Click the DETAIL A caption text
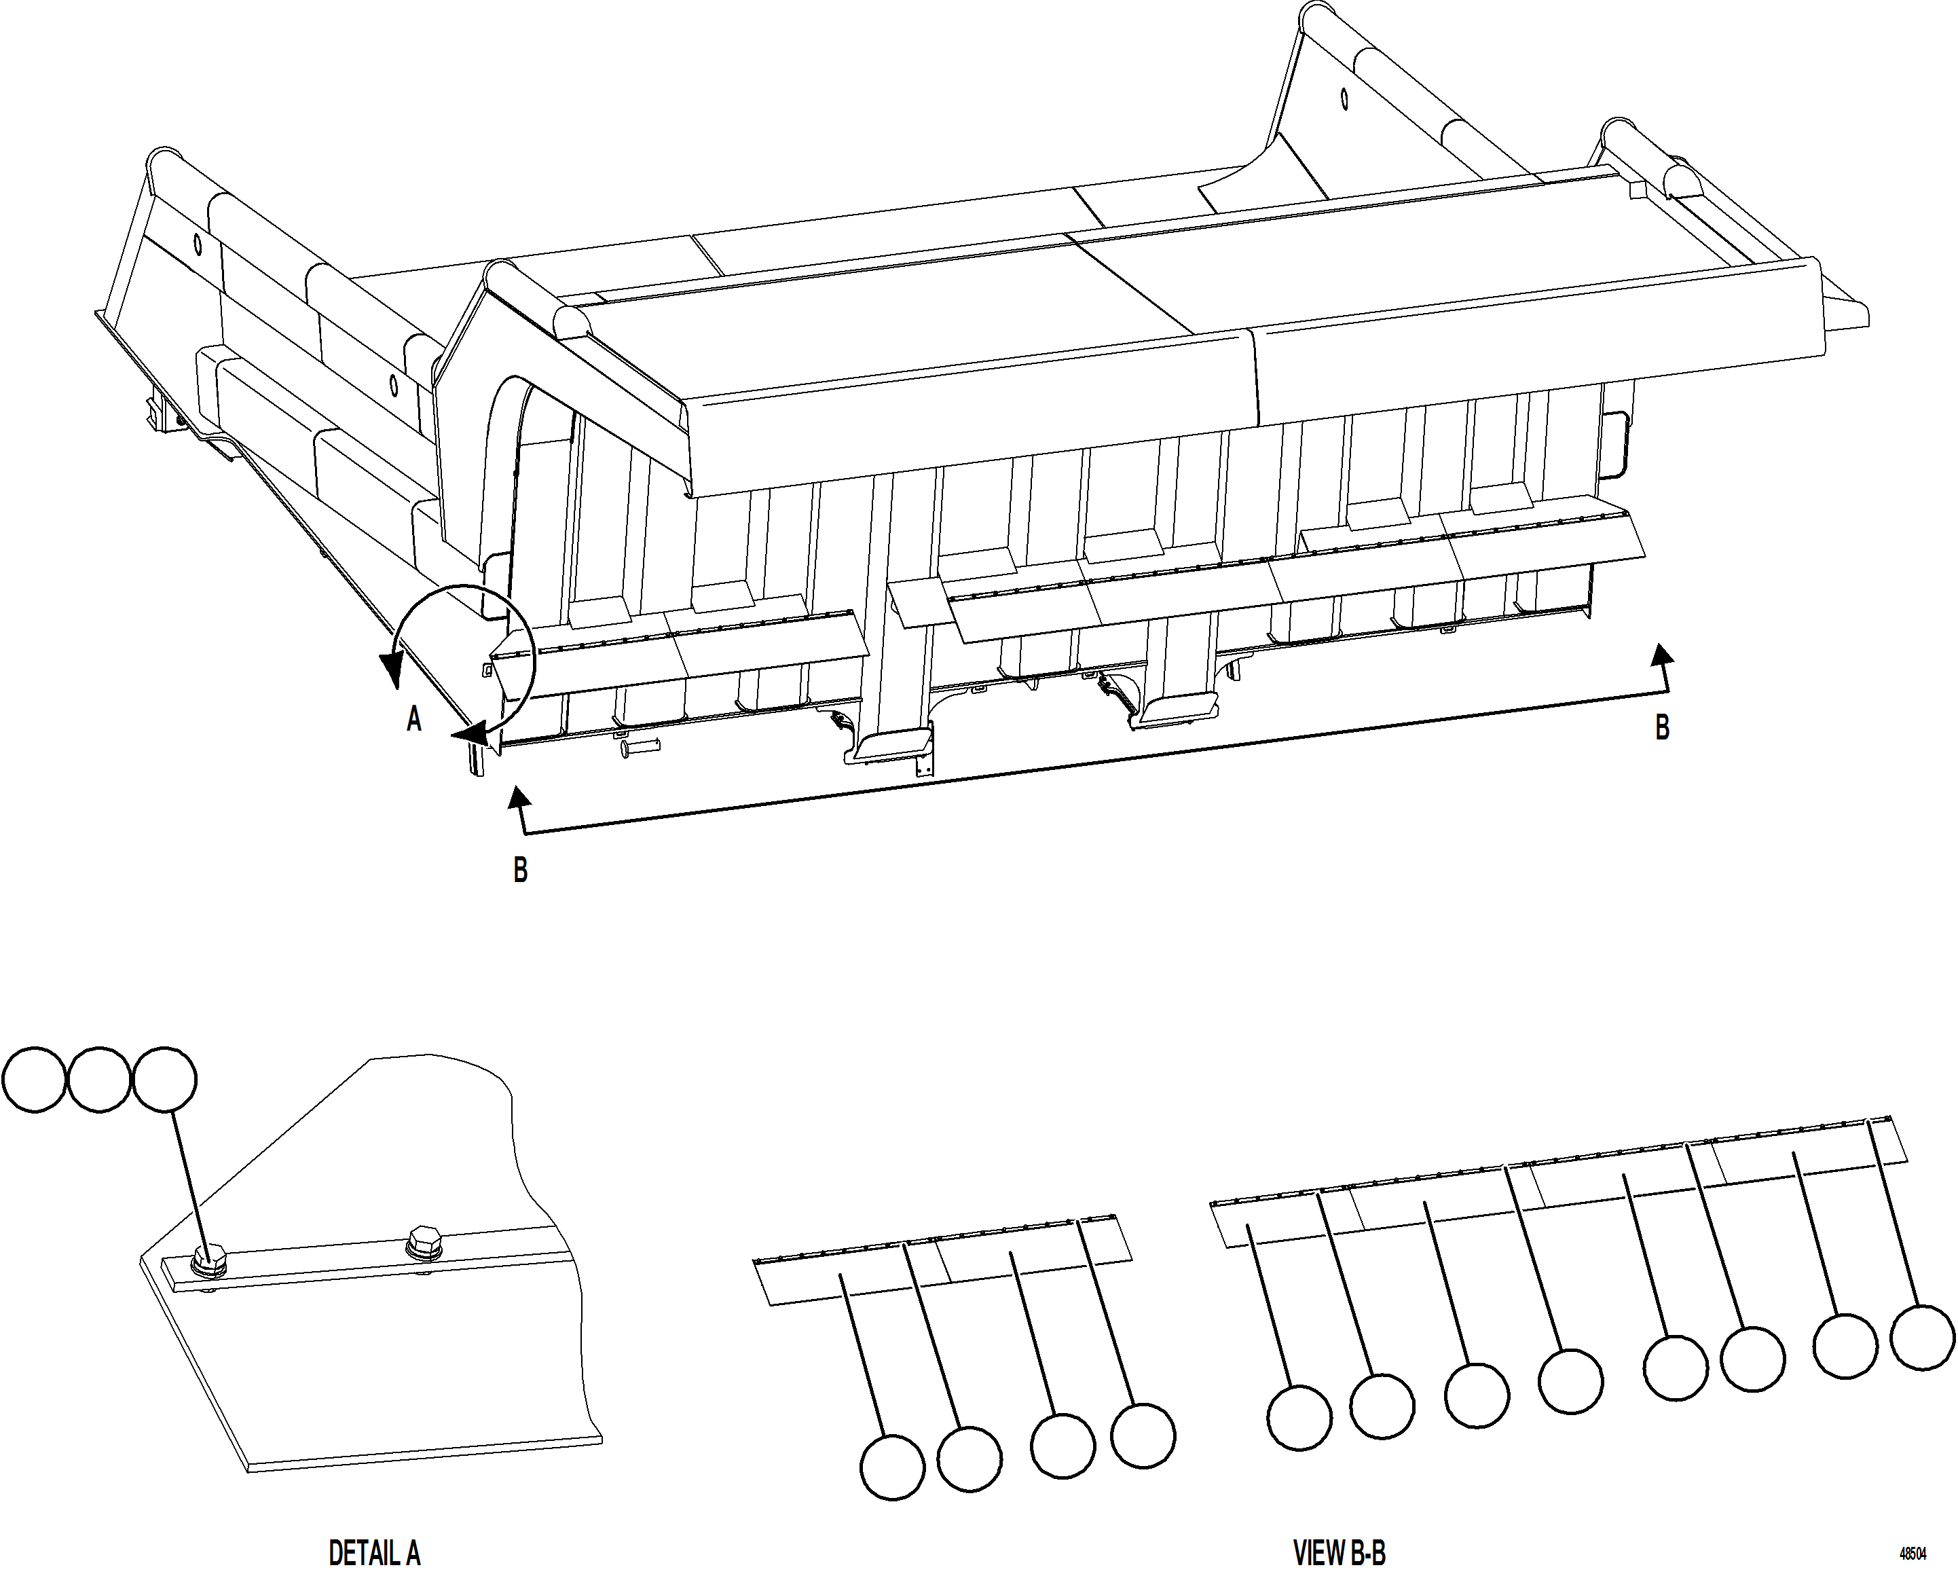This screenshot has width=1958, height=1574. click(374, 1552)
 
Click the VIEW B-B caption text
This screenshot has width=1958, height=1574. click(1340, 1552)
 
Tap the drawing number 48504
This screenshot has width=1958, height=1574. click(1913, 1554)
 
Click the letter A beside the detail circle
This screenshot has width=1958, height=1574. click(414, 719)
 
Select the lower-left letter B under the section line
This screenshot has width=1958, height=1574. click(520, 870)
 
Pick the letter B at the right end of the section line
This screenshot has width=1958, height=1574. click(1662, 727)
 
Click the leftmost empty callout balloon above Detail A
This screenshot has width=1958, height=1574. click(35, 1079)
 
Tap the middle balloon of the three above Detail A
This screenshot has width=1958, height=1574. click(99, 1079)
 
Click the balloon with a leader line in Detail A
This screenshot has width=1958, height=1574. click(164, 1079)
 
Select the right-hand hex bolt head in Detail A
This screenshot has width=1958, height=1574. click(424, 1241)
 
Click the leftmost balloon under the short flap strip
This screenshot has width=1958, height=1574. click(892, 1467)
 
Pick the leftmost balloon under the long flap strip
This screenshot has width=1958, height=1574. click(1299, 1417)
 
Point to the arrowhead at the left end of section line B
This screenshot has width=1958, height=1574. click(519, 797)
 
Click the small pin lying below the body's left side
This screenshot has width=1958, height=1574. click(640, 749)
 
